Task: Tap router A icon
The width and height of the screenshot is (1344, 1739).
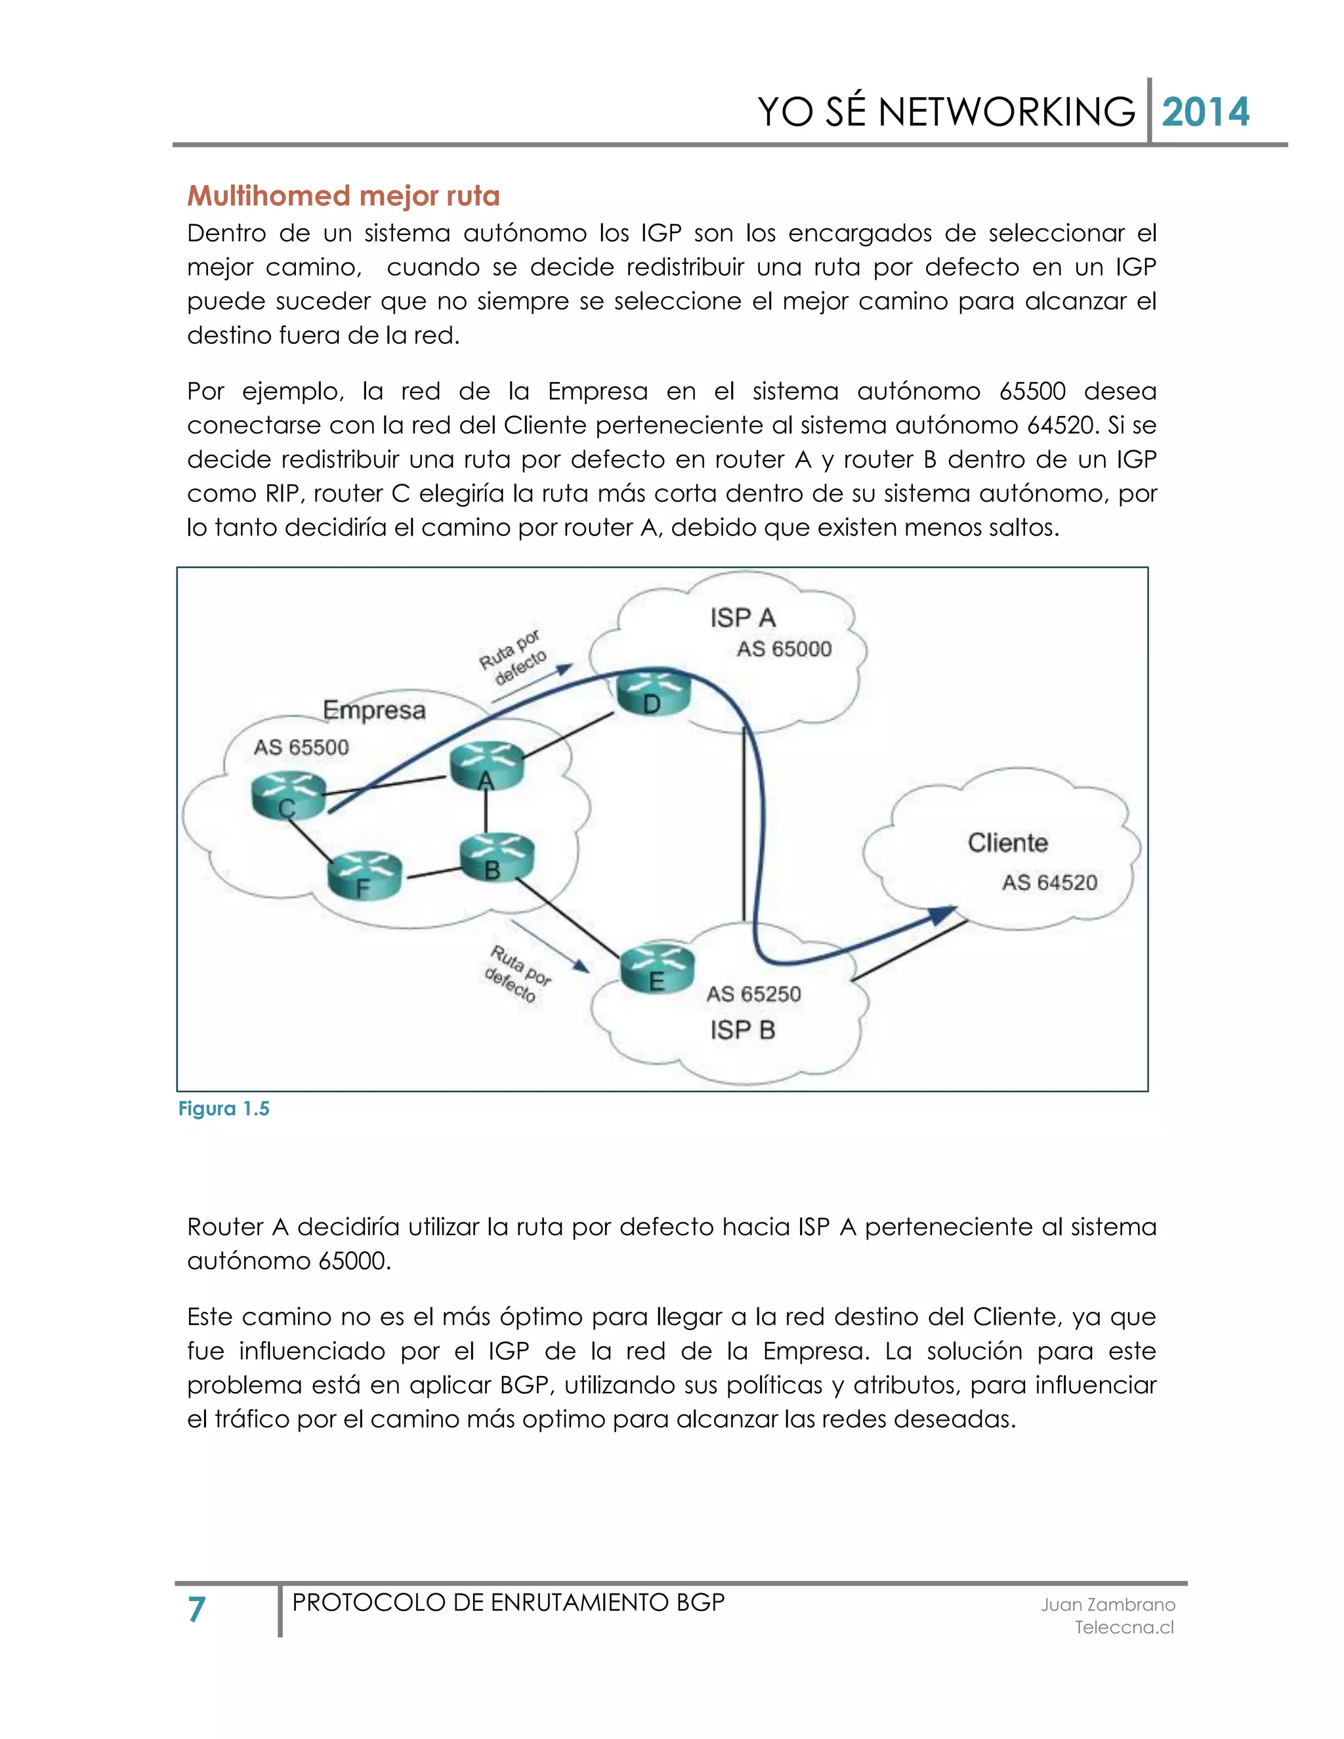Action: pyautogui.click(x=486, y=766)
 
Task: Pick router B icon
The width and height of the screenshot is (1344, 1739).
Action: pyautogui.click(x=497, y=857)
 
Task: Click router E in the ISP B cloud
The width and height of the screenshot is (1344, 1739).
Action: pyautogui.click(x=657, y=968)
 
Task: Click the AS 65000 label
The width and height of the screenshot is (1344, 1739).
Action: pyautogui.click(x=784, y=649)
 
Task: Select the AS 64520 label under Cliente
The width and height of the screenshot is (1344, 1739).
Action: pyautogui.click(x=1049, y=882)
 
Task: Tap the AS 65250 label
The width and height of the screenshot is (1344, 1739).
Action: pyautogui.click(x=753, y=994)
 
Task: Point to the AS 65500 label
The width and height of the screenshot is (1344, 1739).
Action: pyautogui.click(x=301, y=747)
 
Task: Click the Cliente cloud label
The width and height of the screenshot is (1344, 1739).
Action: pyautogui.click(x=1007, y=843)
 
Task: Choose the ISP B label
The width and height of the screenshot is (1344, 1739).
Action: pyautogui.click(x=742, y=1030)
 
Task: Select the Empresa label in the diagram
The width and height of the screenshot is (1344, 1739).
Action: pyautogui.click(x=374, y=709)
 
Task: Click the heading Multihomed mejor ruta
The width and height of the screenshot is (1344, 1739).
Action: pyautogui.click(x=343, y=196)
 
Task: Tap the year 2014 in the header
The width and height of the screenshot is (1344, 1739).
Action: pyautogui.click(x=1206, y=112)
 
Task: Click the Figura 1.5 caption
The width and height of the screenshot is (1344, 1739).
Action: pyautogui.click(x=224, y=1109)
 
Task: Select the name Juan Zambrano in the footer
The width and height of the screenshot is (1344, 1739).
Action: pyautogui.click(x=1108, y=1604)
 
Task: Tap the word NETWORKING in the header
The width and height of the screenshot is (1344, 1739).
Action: pyautogui.click(x=1005, y=112)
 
